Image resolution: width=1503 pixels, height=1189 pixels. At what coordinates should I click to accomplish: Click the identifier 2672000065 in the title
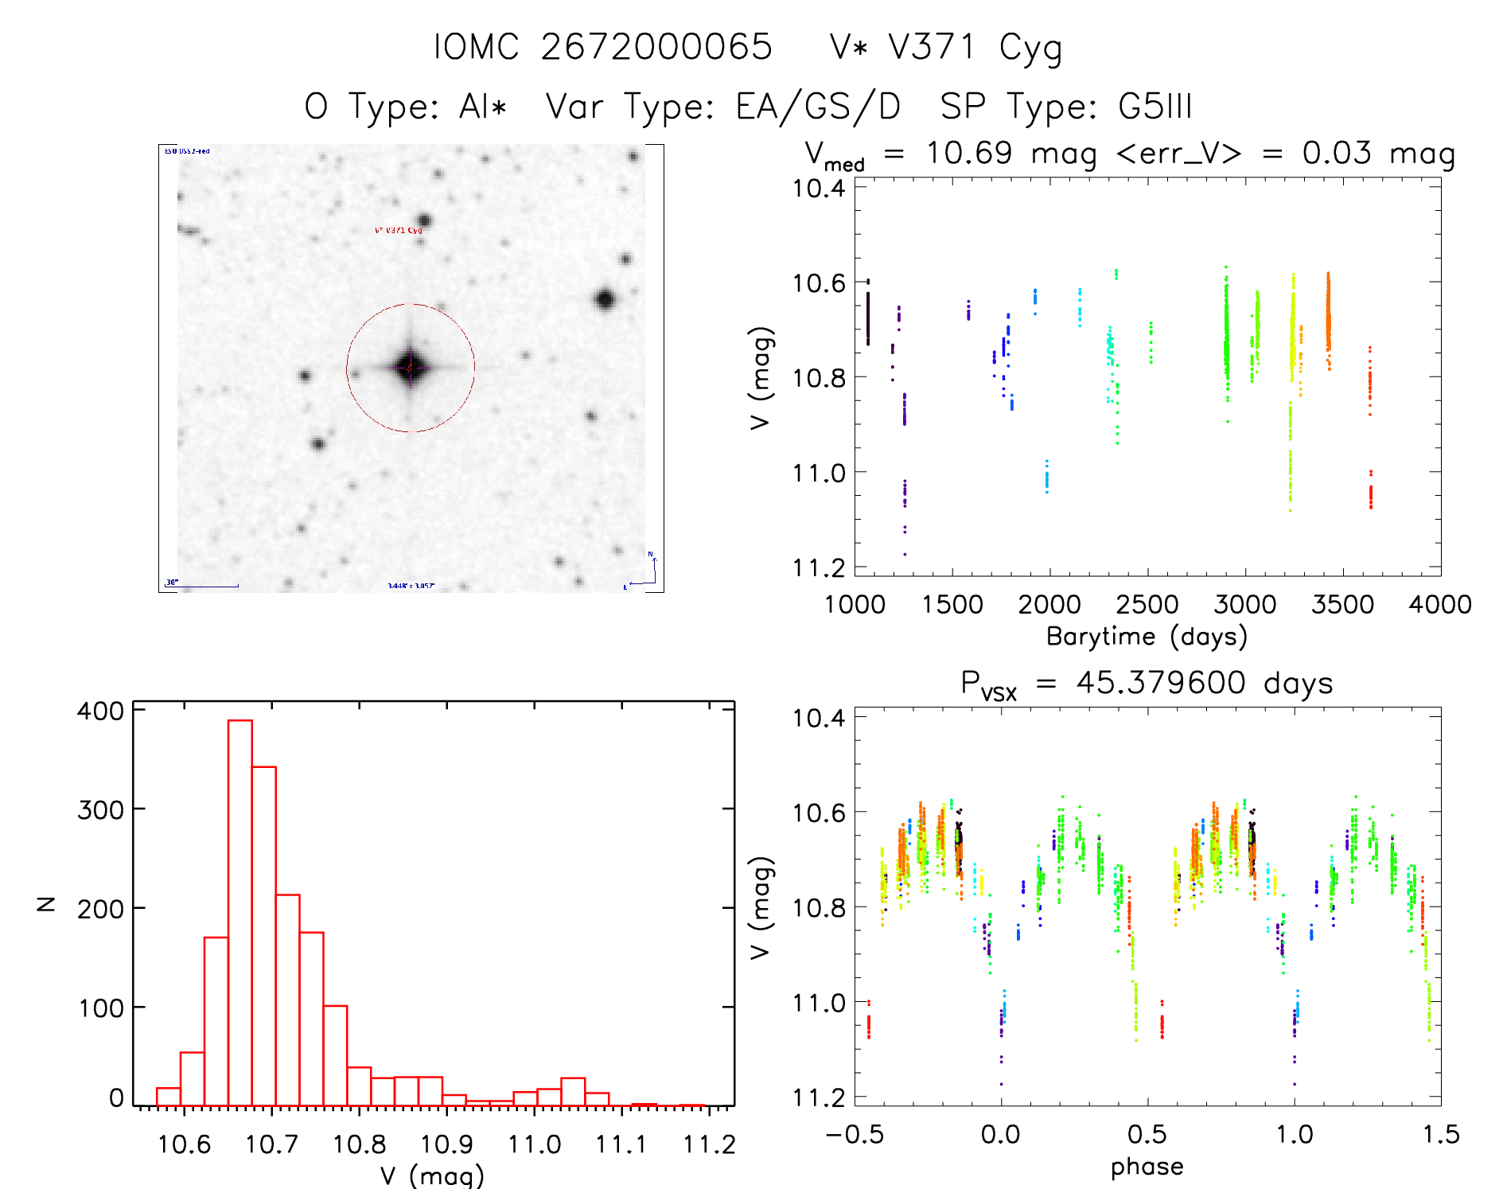click(x=656, y=47)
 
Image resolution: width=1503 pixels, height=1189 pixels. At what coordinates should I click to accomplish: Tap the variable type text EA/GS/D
click(x=818, y=107)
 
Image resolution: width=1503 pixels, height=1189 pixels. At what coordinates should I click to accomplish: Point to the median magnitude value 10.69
click(x=968, y=153)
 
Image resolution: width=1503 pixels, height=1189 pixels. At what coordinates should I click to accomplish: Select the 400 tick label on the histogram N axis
click(x=100, y=711)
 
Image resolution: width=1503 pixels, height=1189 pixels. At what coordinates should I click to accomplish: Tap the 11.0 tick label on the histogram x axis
click(x=535, y=1145)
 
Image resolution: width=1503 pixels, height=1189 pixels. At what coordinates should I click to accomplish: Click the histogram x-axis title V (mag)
click(x=432, y=1175)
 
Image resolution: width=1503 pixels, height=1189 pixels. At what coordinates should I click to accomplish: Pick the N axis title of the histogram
click(x=46, y=903)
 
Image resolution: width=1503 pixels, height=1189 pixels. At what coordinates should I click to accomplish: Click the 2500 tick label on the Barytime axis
click(x=1147, y=605)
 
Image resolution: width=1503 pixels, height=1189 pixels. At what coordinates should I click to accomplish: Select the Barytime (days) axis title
click(x=1147, y=637)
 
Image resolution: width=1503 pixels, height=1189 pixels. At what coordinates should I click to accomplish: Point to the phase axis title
click(x=1147, y=1167)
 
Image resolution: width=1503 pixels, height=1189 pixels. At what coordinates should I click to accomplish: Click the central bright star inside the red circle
click(x=411, y=368)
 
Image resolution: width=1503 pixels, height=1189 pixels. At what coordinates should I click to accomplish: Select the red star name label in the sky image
click(x=399, y=231)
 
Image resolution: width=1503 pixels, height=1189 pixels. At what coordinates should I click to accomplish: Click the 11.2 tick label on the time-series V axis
click(x=819, y=567)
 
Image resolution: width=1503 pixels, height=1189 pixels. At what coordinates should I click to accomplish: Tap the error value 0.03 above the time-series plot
click(x=1337, y=153)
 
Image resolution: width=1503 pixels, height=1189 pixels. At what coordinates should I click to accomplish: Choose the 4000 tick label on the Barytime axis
click(x=1440, y=605)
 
